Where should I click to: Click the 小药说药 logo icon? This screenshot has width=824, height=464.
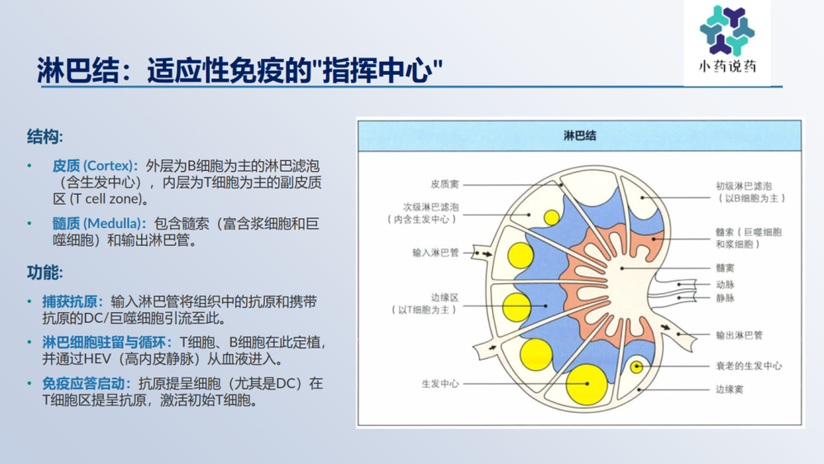pos(727,31)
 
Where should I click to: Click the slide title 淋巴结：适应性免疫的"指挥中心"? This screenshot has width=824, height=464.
pos(239,70)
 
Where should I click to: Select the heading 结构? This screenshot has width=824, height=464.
pos(45,137)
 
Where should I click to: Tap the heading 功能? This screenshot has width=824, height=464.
pos(45,272)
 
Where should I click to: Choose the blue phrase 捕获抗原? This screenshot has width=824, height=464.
pos(73,302)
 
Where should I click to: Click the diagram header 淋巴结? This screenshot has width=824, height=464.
pos(580,135)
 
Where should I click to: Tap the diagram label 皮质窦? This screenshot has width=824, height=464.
pos(444,184)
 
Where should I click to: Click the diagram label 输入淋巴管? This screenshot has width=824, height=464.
pos(436,253)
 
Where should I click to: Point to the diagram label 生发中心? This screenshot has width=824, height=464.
pos(440,384)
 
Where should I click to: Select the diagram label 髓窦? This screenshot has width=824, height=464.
pos(725,268)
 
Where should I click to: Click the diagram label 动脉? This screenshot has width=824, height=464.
pos(725,284)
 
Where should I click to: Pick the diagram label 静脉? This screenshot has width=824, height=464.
pos(725,298)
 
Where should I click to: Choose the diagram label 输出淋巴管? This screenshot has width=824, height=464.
pos(739,335)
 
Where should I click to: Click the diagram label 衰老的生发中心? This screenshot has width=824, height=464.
pos(749,366)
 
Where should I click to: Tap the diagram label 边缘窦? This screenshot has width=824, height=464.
pos(729,390)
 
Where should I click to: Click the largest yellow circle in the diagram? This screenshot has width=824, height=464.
pos(586,384)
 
